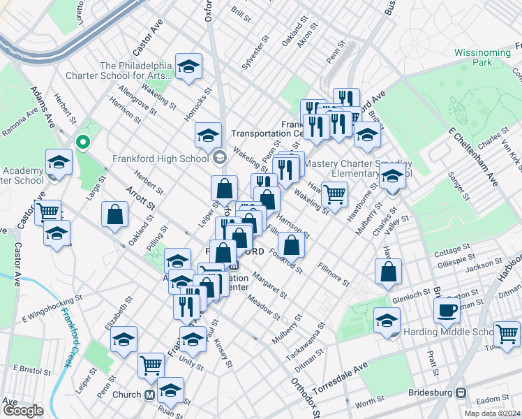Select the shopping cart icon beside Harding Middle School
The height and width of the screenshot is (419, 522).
pyautogui.click(x=507, y=333)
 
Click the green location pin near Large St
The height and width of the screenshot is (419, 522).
pyautogui.click(x=83, y=142)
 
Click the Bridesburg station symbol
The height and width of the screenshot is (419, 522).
pyautogui.click(x=461, y=393)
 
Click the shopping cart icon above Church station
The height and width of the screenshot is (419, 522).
pyautogui.click(x=151, y=365)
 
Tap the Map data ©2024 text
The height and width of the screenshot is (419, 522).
pyautogui.click(x=492, y=413)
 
